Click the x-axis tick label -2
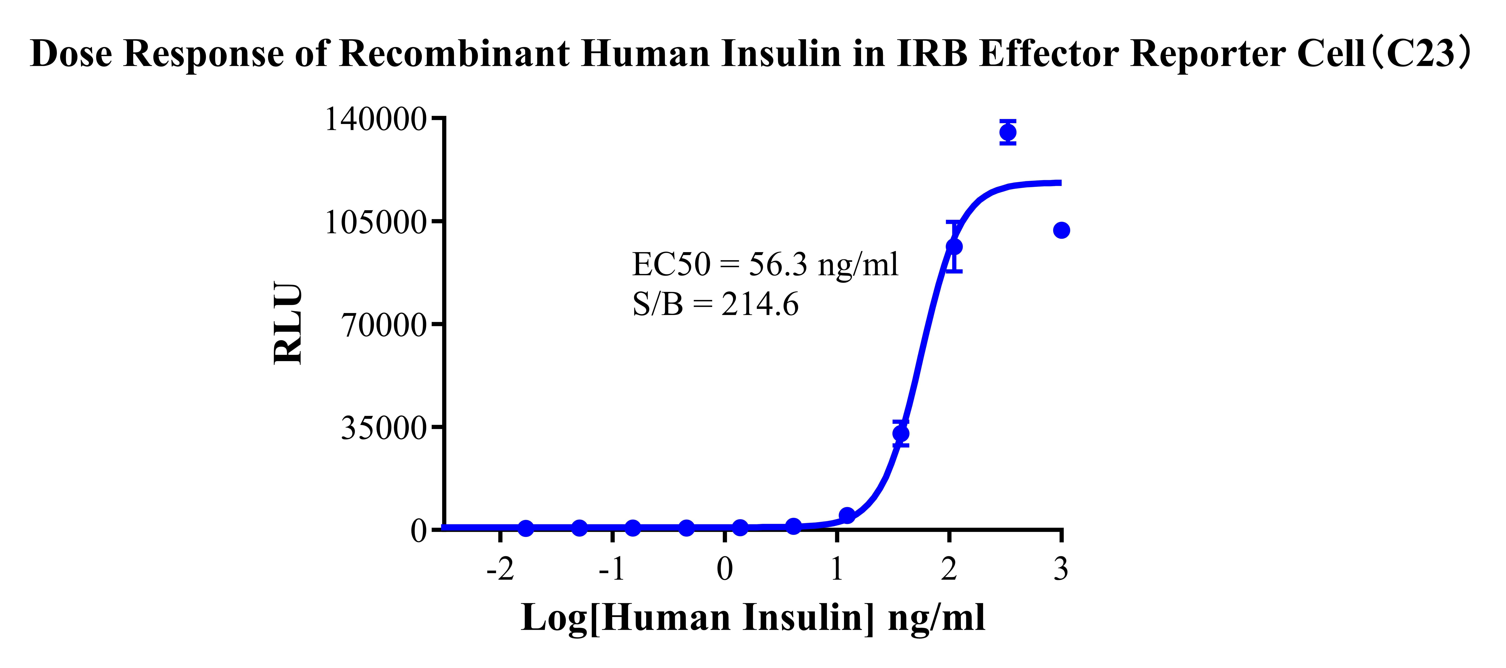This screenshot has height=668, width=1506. (x=500, y=569)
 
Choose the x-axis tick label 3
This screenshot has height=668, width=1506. (x=1061, y=569)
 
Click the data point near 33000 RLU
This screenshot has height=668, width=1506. (x=901, y=433)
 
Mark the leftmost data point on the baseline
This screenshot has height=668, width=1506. (x=526, y=528)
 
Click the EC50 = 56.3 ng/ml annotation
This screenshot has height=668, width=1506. (x=765, y=264)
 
